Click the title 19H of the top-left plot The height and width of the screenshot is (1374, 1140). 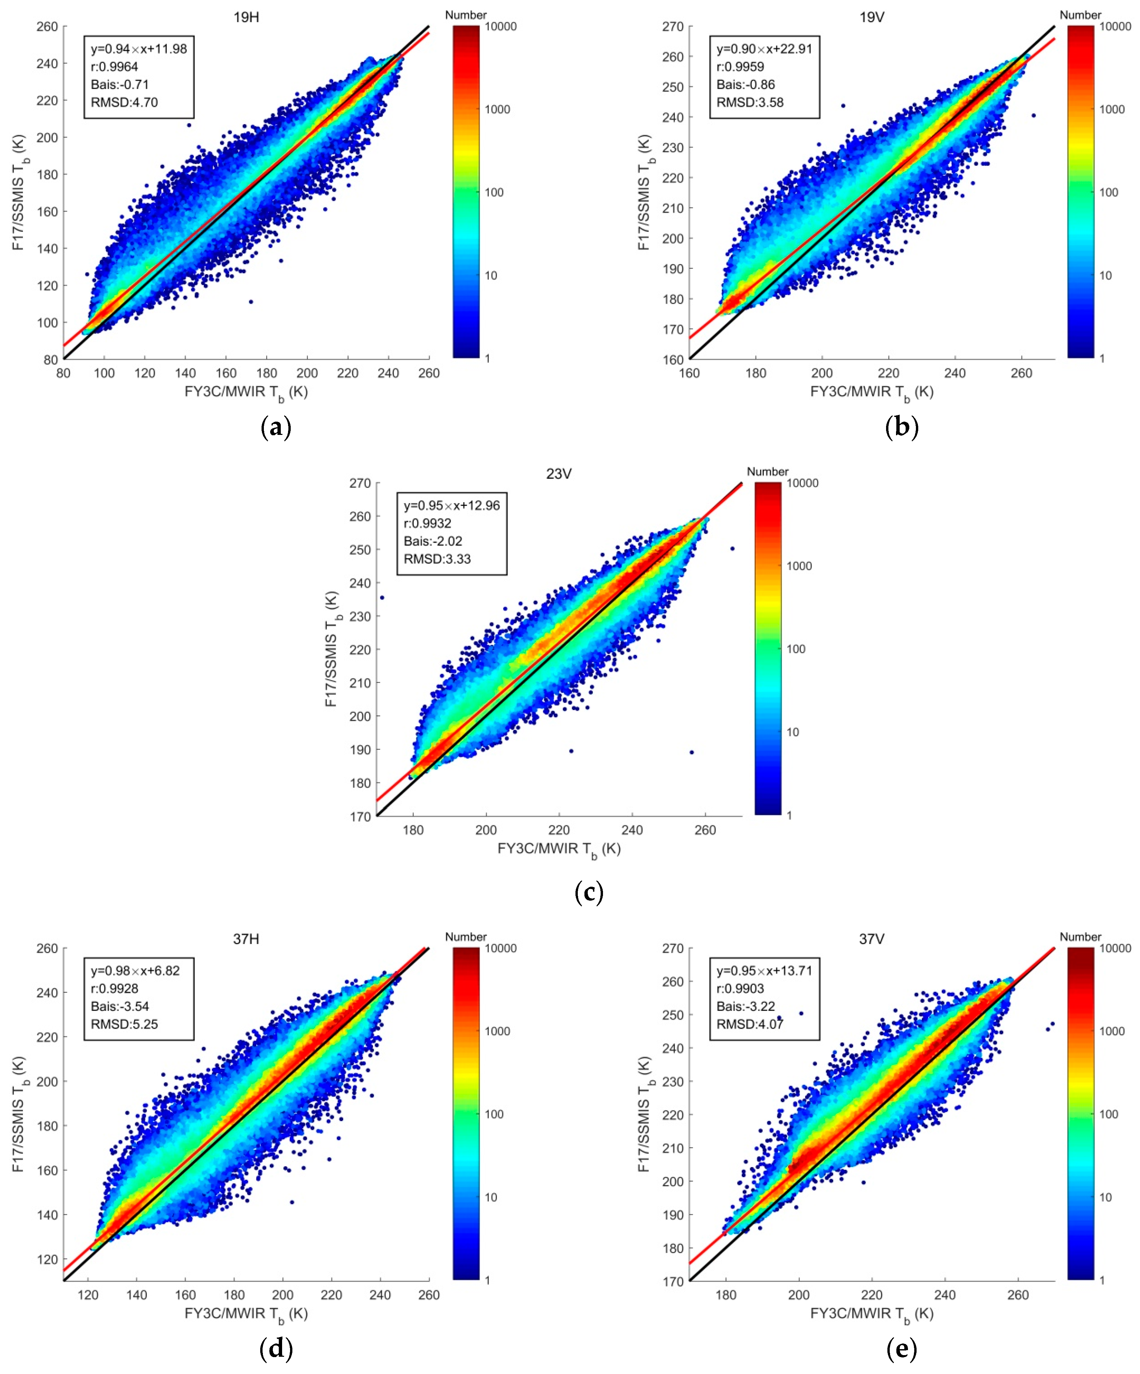click(x=246, y=17)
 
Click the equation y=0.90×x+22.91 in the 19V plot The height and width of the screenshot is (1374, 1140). click(x=764, y=49)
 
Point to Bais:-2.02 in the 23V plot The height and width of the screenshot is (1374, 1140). click(x=433, y=541)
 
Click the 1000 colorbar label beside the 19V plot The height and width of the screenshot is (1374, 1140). click(x=1111, y=109)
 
